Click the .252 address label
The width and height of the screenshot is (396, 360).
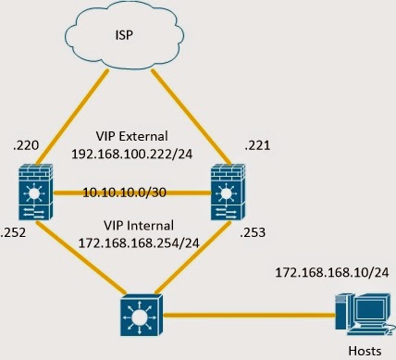click(16, 233)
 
